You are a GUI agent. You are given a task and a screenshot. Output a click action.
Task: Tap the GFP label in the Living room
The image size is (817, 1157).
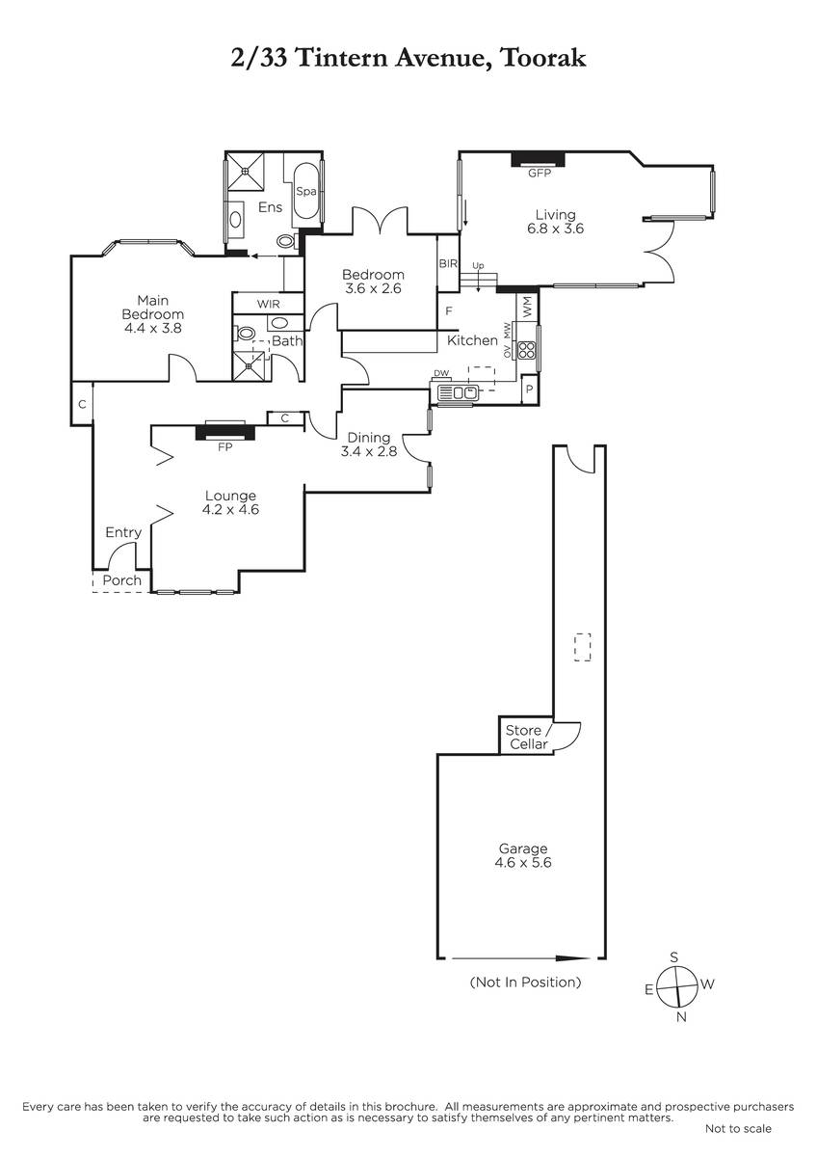coord(540,173)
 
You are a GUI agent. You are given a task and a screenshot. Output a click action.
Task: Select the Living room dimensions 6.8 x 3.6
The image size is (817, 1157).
coord(555,229)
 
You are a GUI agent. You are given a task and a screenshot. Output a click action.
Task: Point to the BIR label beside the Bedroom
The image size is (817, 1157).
coord(448,263)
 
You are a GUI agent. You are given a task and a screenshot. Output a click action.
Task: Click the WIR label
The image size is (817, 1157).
coord(269,305)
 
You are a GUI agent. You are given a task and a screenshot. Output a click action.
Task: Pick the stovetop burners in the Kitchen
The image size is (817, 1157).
coord(526,350)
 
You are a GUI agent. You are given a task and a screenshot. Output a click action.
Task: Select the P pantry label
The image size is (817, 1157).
coord(529,389)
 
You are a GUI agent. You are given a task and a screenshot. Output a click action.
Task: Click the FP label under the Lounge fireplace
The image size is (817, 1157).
coord(225,447)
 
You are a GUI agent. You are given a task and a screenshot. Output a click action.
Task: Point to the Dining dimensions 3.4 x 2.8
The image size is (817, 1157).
coord(368,451)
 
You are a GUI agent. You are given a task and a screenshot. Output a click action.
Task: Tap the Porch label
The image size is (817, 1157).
coord(121,580)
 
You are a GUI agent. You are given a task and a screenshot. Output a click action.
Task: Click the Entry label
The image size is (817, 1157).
coord(123,532)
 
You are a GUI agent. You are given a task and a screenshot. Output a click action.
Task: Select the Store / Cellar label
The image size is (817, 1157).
coord(529,737)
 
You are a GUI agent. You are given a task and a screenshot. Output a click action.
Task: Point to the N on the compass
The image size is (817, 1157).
coord(681,1017)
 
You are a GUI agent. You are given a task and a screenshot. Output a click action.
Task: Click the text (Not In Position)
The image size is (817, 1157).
coord(525,982)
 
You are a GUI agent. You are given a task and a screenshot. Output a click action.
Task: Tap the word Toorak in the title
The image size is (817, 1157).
coord(543,58)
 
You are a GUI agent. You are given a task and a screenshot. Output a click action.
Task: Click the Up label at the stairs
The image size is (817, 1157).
coord(479,266)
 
